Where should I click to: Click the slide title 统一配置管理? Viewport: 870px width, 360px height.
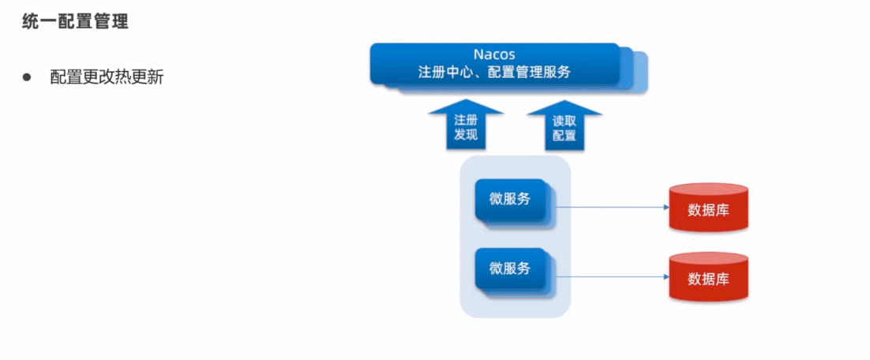click(x=75, y=22)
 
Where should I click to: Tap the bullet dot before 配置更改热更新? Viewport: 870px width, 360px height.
click(x=26, y=77)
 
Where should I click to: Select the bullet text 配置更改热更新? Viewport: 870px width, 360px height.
click(x=106, y=77)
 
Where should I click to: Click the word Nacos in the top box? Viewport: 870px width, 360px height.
click(x=494, y=54)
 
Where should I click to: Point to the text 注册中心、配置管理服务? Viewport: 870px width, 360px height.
click(x=494, y=72)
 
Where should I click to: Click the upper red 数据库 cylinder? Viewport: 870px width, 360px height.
click(x=708, y=208)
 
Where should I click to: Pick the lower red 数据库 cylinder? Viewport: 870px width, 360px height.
click(x=708, y=277)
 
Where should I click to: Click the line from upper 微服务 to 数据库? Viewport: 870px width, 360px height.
click(x=608, y=208)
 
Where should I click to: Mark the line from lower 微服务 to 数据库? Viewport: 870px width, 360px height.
click(x=608, y=276)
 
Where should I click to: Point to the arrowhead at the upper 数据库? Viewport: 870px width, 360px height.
click(x=665, y=208)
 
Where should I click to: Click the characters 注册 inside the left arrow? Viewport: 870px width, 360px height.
click(x=466, y=121)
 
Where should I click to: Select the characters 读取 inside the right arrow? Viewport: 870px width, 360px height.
click(x=564, y=121)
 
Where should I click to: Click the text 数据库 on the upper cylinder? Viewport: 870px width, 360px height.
click(x=708, y=210)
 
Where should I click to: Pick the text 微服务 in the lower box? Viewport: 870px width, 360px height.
click(x=509, y=268)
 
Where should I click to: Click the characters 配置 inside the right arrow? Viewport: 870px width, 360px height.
click(x=564, y=135)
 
